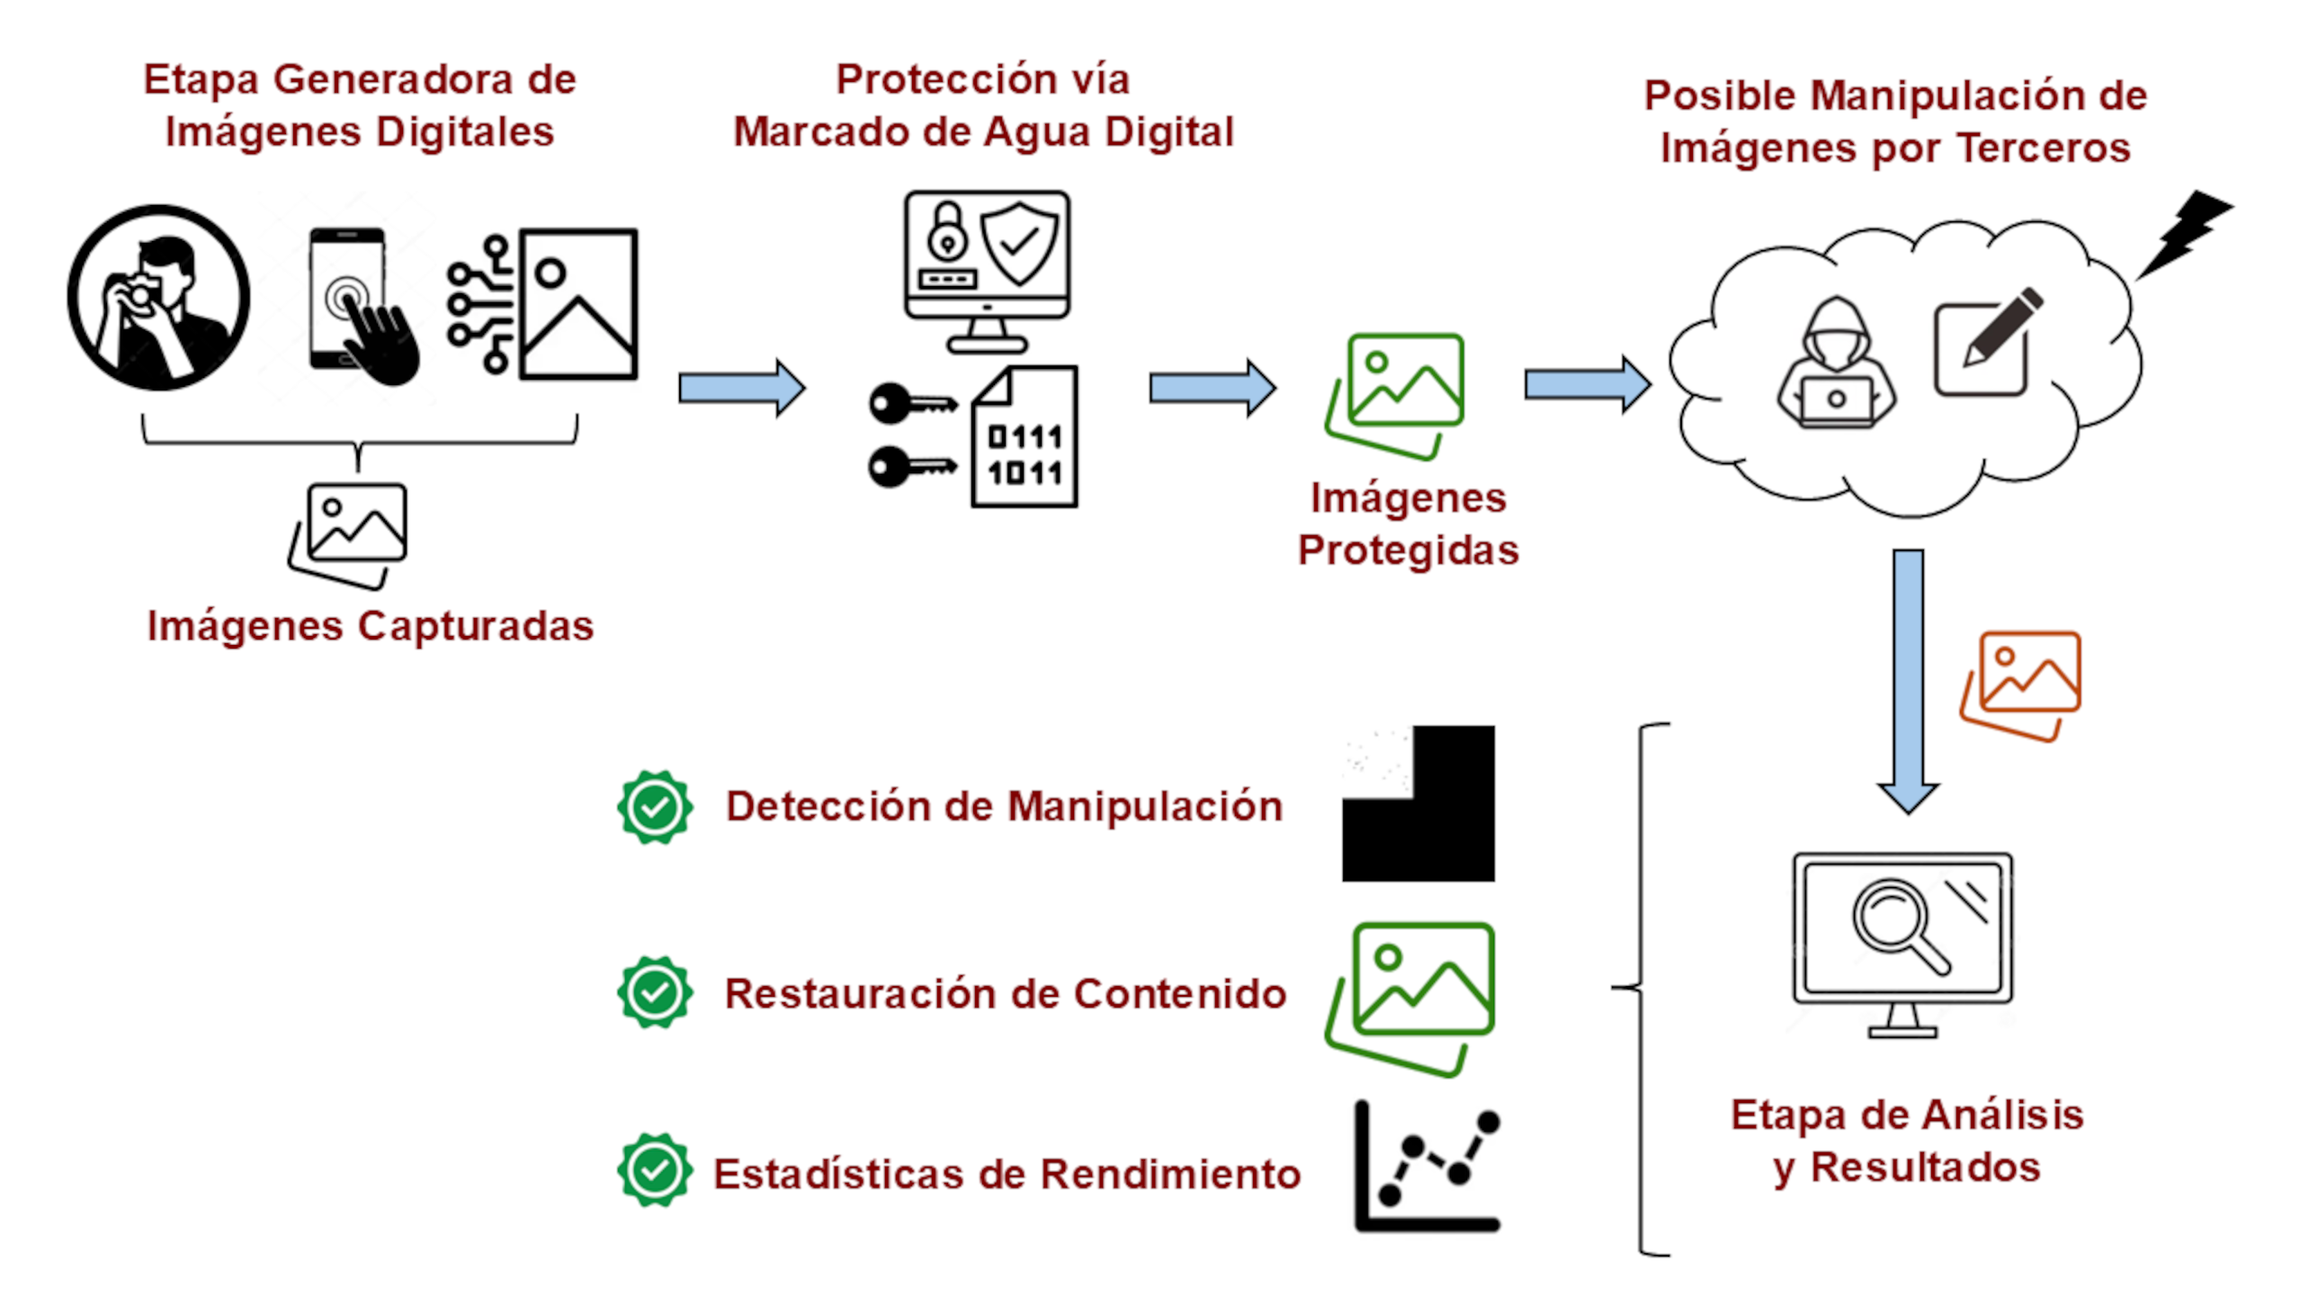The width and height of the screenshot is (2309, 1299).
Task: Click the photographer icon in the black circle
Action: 158,298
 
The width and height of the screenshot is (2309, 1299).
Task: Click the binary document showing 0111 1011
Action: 1025,437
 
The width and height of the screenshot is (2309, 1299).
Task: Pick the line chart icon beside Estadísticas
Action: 1427,1166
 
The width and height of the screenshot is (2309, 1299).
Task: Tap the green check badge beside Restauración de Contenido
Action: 655,992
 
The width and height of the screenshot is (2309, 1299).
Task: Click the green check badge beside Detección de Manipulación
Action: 655,807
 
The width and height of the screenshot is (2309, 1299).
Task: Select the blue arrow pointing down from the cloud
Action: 1908,679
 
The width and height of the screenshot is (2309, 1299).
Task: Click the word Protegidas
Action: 1408,550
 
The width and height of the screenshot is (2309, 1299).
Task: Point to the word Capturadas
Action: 476,626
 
